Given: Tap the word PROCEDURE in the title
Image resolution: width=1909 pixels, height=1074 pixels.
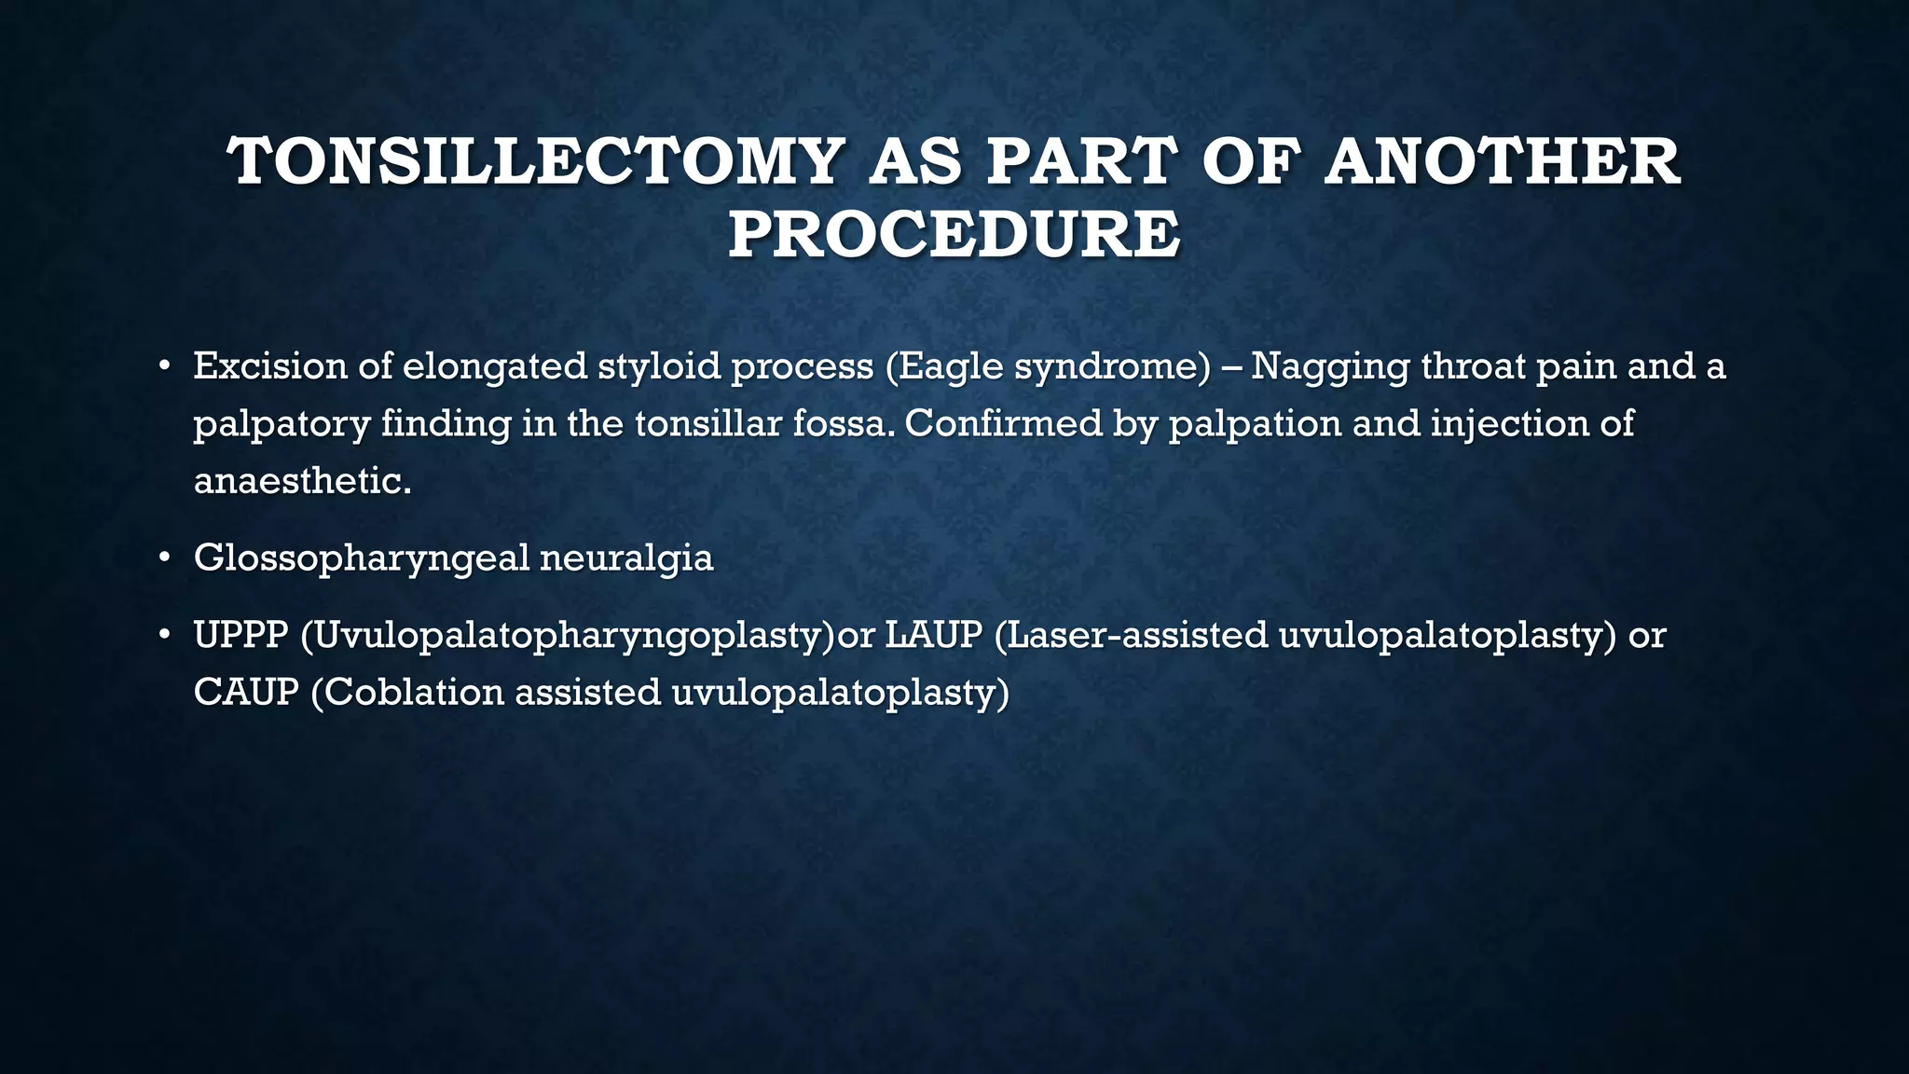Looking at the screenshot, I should click(x=954, y=234).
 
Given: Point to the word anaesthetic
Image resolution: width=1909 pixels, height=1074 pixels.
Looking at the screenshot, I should click(x=301, y=482).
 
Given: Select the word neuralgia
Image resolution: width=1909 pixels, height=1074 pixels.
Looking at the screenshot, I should click(x=626, y=559).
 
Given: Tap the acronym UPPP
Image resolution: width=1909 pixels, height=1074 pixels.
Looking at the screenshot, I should click(x=240, y=635).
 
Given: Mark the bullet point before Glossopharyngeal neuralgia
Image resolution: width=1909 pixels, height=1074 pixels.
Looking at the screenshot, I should click(x=164, y=558).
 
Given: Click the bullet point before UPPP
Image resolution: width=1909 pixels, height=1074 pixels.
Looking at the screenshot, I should click(x=164, y=635).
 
